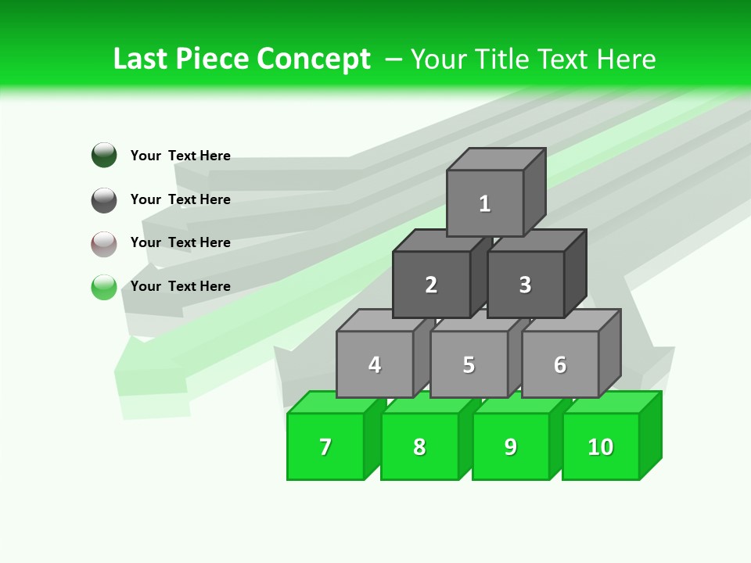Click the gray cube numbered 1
coord(485,203)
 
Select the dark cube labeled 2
coord(431,285)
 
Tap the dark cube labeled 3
coord(525,285)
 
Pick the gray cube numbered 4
coord(375,364)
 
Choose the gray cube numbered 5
coord(469,364)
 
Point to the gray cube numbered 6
coord(560,364)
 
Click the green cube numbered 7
coord(325,446)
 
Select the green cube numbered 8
coord(419,446)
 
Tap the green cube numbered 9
coord(511,446)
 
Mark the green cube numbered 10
coord(601,446)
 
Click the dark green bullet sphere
coord(104,155)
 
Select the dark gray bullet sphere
coord(104,199)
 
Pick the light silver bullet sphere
coord(104,243)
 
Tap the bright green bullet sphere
coord(104,287)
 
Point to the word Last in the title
coord(142,59)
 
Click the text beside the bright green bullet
coord(181,286)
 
